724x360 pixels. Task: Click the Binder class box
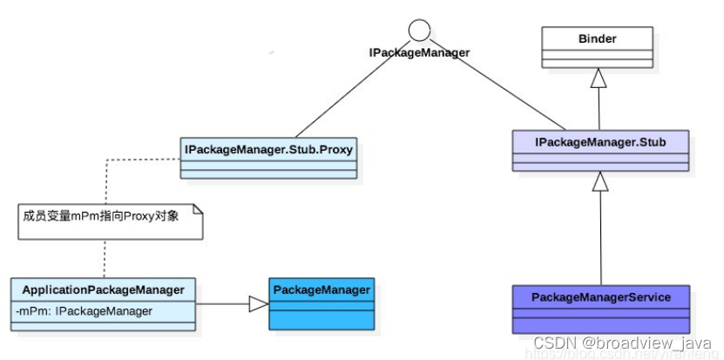coord(597,39)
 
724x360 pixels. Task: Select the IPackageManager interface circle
coord(419,31)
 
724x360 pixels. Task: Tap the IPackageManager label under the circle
coord(419,53)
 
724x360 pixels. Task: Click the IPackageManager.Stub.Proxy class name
coord(268,149)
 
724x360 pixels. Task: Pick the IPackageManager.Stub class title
coord(599,141)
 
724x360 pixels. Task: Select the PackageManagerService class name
coord(600,297)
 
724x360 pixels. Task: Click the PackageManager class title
coord(321,289)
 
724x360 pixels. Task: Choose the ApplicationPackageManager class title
coord(103,289)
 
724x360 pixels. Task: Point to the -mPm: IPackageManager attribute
coord(85,311)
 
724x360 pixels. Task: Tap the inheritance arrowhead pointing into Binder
coord(598,79)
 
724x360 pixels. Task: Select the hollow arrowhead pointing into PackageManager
coord(259,303)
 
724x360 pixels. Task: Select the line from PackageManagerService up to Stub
coord(599,235)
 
